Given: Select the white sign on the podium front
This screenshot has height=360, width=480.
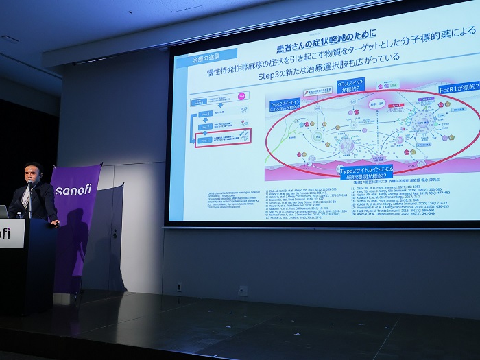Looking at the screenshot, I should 10,233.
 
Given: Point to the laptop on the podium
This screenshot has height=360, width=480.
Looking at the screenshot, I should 3,211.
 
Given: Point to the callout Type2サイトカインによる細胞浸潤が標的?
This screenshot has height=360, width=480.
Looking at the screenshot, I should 366,171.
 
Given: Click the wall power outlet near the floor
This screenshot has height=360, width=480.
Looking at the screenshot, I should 243,290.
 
